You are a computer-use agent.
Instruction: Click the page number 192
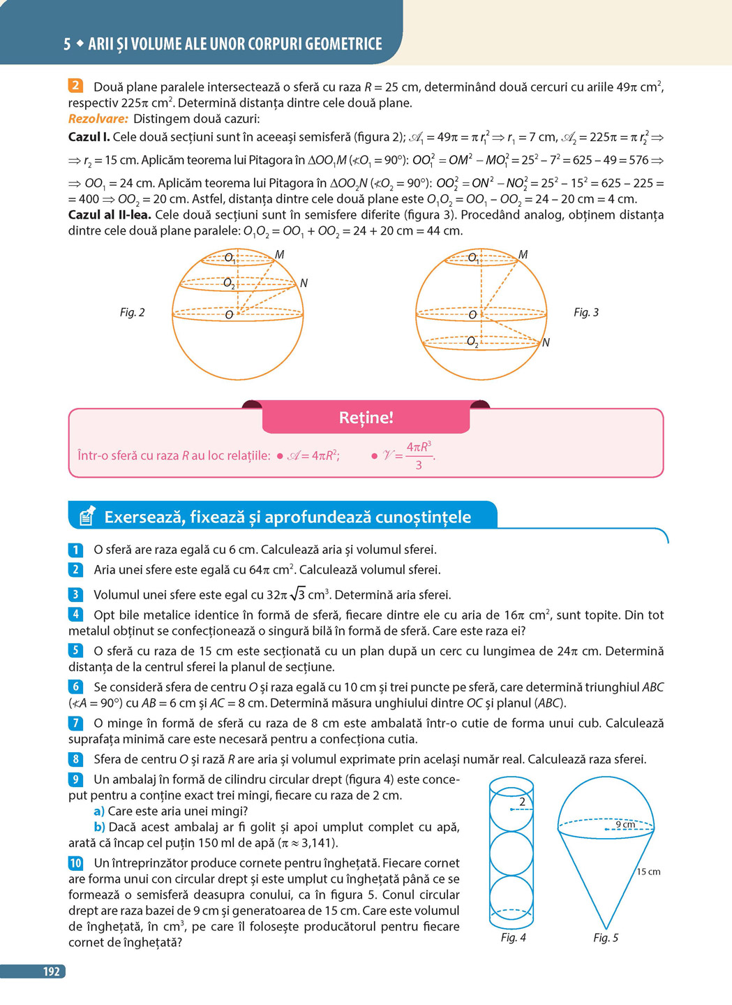click(x=51, y=971)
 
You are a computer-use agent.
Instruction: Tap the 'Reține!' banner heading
click(x=366, y=418)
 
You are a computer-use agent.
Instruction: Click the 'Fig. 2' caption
click(x=132, y=312)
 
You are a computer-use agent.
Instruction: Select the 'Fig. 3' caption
click(x=586, y=312)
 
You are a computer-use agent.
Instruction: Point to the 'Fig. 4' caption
click(x=513, y=937)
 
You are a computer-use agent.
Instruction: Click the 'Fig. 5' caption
click(x=606, y=937)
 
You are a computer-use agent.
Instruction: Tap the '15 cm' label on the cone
click(x=648, y=872)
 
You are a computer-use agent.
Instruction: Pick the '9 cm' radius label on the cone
click(x=625, y=825)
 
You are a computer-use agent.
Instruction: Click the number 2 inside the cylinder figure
click(x=522, y=802)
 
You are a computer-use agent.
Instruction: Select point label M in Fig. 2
click(x=279, y=255)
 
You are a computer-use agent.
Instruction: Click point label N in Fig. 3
click(x=546, y=342)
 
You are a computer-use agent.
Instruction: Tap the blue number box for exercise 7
click(x=76, y=724)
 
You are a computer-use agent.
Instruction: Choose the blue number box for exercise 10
click(x=76, y=863)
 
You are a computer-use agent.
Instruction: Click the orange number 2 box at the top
click(x=76, y=87)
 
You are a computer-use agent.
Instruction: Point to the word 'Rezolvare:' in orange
click(x=98, y=119)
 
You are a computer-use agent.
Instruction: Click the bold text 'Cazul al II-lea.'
click(x=110, y=215)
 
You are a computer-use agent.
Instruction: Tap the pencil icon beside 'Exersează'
click(x=87, y=516)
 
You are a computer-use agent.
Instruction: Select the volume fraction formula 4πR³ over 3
click(x=419, y=455)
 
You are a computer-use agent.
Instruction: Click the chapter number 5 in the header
click(x=67, y=44)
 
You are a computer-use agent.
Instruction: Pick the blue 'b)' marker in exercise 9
click(x=99, y=827)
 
